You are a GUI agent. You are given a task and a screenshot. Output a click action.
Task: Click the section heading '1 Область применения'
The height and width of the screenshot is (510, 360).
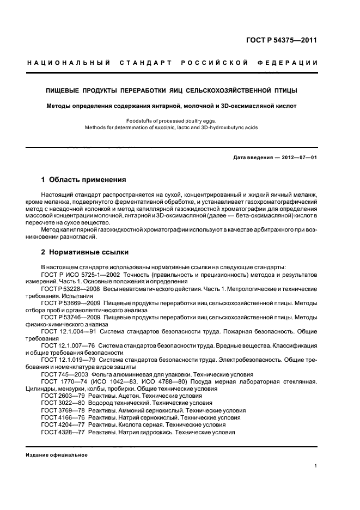coord(84,179)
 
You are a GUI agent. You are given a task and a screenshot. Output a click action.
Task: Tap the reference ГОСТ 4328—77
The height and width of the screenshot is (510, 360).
coord(63,432)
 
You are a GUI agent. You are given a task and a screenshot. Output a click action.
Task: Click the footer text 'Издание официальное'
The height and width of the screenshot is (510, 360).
coord(57,455)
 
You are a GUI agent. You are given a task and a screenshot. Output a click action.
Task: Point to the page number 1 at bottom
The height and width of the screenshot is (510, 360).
coord(316,466)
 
